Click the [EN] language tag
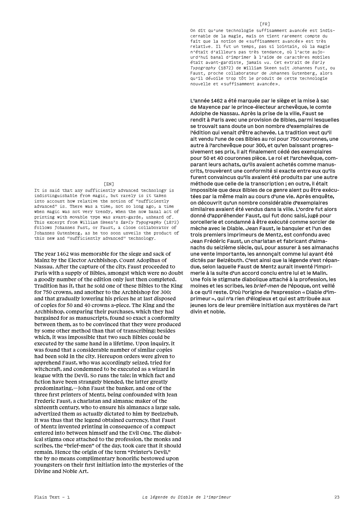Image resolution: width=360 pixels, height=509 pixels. click(109, 184)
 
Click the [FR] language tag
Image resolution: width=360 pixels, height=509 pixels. click(265, 24)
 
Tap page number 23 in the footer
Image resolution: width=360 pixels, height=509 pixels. click(337, 497)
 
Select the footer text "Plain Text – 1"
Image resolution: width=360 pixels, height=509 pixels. click(52, 497)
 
